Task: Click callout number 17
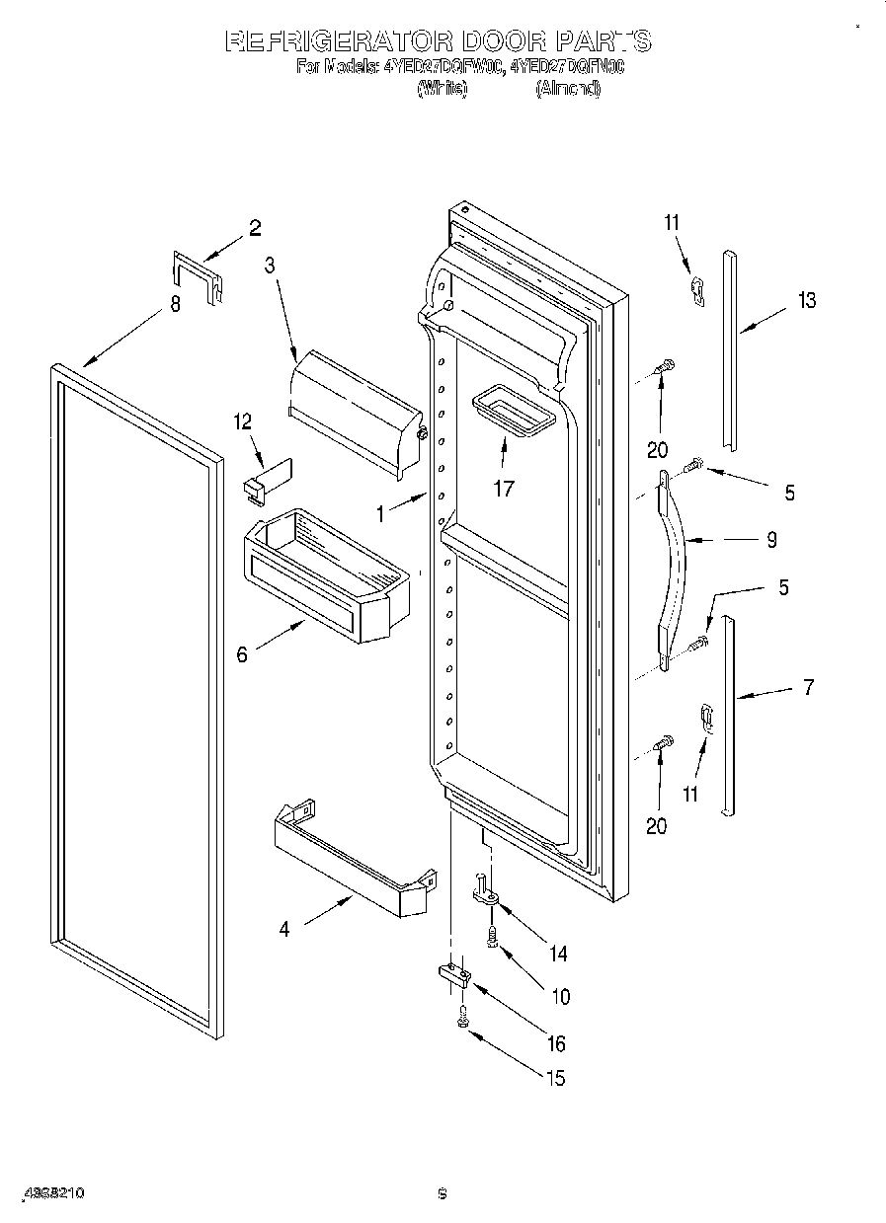(504, 488)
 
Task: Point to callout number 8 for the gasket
(176, 305)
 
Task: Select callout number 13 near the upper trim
(807, 300)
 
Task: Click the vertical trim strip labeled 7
(729, 716)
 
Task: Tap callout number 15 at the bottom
(556, 1078)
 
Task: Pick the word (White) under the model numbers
(442, 89)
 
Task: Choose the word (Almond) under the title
(568, 89)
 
